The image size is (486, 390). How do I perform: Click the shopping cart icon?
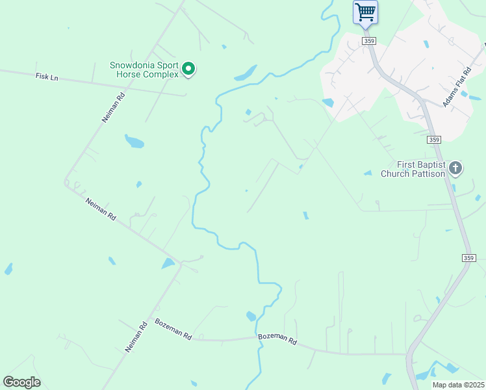coord(365,12)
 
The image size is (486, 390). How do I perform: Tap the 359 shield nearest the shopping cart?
coord(370,41)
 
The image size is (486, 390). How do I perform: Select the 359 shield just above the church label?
coord(434,140)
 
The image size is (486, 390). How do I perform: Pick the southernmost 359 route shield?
coord(469,258)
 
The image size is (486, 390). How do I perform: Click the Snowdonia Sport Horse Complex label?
coord(144,70)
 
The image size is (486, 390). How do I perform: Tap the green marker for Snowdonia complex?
coord(188,68)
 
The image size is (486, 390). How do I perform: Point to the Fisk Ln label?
coord(47,77)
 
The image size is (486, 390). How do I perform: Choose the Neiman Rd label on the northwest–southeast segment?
coord(101,209)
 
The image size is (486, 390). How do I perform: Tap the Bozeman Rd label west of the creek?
coord(173,329)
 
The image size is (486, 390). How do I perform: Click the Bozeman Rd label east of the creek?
coord(277,339)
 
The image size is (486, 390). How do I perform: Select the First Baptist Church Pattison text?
coord(413,169)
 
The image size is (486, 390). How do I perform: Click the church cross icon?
coord(455,169)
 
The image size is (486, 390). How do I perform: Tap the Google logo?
coord(21,382)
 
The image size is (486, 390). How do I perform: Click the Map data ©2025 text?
coord(458,385)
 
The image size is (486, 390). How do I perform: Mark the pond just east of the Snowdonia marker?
coord(245,73)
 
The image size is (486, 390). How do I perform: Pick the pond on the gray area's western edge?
coord(327,102)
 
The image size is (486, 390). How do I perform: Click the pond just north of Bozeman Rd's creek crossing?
coord(251,317)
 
